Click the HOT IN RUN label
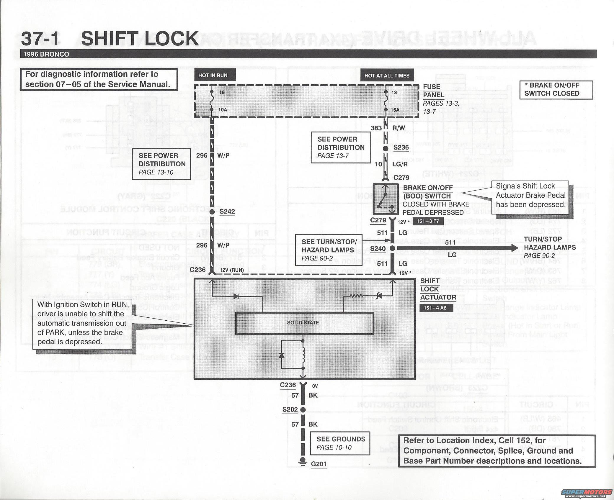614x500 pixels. [x=213, y=75]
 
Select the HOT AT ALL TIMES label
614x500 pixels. [x=387, y=76]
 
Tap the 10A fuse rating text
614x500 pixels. [x=223, y=110]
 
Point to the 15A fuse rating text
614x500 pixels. [x=395, y=110]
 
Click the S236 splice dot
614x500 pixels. [x=385, y=148]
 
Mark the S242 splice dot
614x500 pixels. [x=212, y=212]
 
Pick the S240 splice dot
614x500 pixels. [x=392, y=248]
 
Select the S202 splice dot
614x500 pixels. [x=303, y=410]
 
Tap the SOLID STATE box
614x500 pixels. [x=304, y=323]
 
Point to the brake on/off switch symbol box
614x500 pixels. [x=385, y=199]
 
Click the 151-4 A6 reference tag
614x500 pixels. [x=435, y=308]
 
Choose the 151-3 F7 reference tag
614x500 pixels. [x=428, y=221]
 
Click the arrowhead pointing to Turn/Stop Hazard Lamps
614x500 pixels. [x=514, y=248]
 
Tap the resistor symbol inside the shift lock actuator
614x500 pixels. [x=357, y=296]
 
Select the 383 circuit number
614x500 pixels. [x=376, y=128]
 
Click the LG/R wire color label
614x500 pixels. [x=400, y=164]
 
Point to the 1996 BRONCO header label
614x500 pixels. [x=46, y=54]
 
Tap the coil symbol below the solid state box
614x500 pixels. [x=303, y=354]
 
